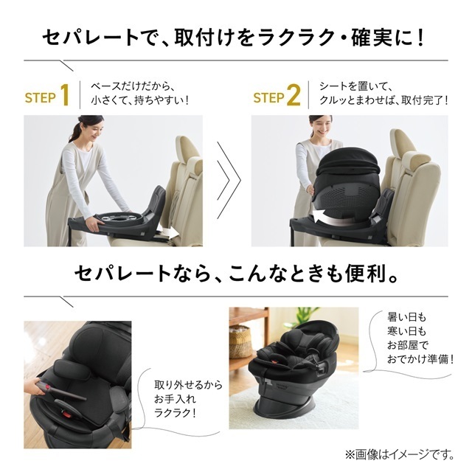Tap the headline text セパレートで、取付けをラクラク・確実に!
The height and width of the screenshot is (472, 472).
[x=236, y=35]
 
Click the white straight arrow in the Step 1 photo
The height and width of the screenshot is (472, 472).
[x=168, y=233]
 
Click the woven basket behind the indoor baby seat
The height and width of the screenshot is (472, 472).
[x=240, y=341]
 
